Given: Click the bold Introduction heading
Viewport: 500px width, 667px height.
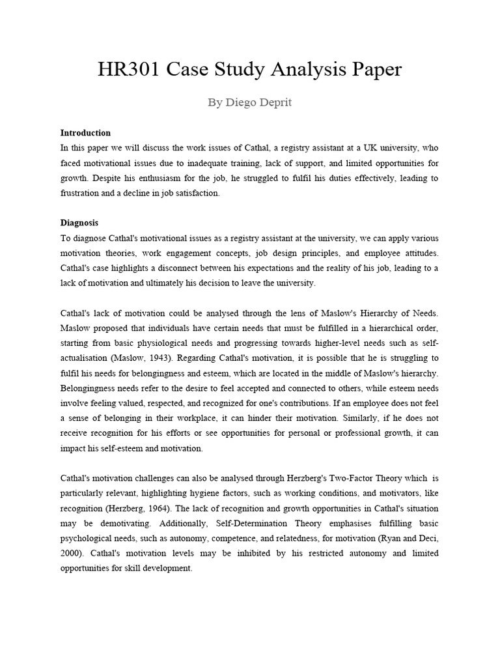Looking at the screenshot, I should click(x=85, y=133).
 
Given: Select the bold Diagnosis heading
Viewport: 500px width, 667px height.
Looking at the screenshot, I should click(x=79, y=223).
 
